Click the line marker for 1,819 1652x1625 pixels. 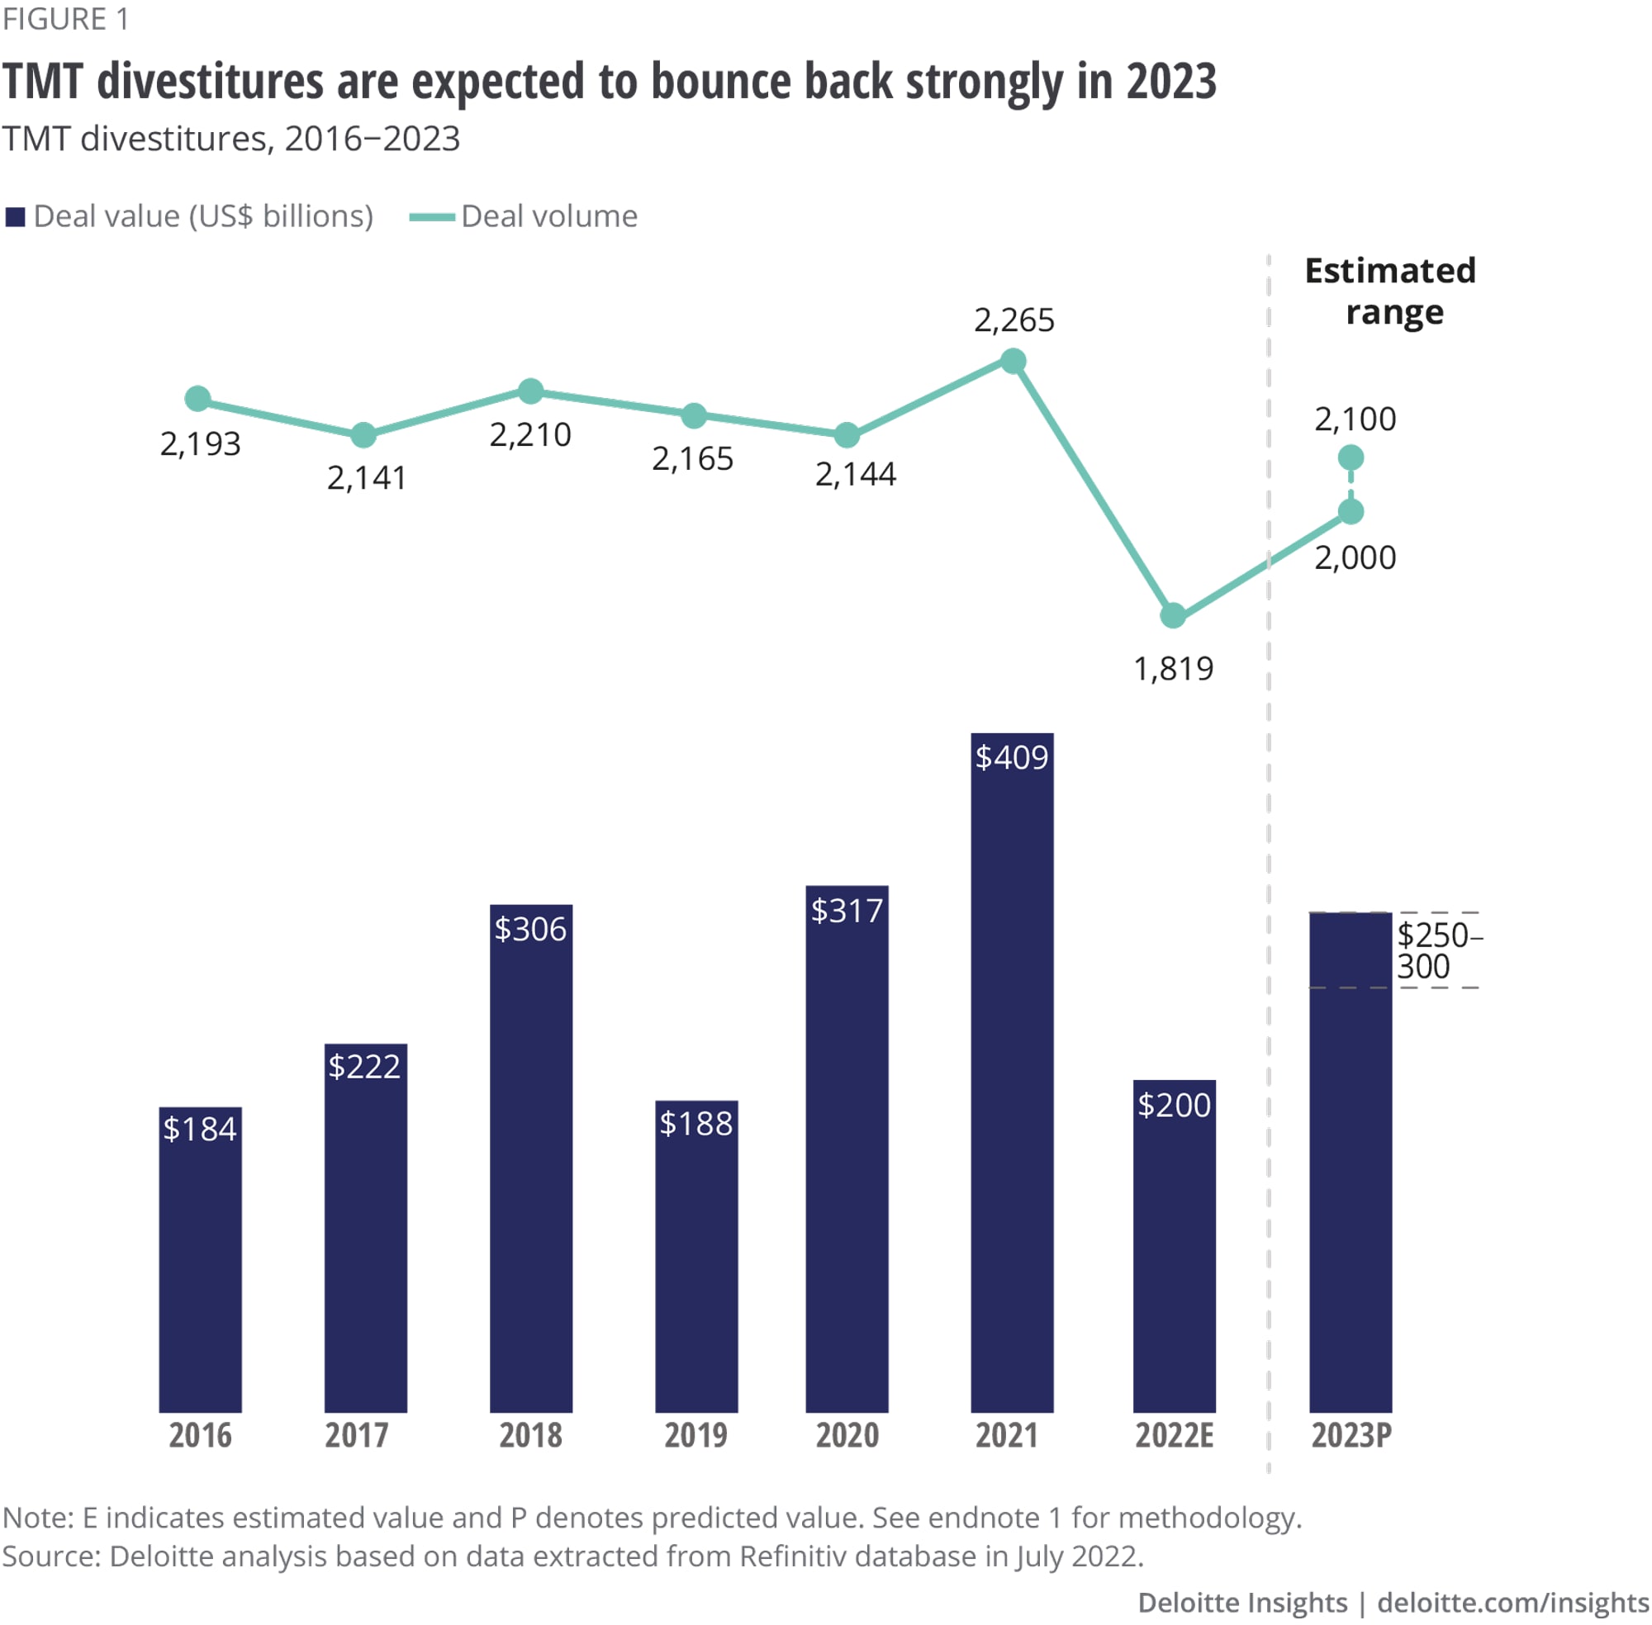[1173, 615]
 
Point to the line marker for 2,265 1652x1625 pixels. [1013, 361]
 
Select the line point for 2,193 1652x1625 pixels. [198, 399]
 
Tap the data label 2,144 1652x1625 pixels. [856, 475]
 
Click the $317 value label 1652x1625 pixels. [846, 911]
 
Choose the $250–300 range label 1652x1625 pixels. [1439, 950]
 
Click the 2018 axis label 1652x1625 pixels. [530, 1436]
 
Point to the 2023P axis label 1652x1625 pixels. [1351, 1436]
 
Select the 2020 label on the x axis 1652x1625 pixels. [847, 1436]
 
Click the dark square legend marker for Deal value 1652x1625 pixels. [16, 217]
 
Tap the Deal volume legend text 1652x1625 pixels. [549, 217]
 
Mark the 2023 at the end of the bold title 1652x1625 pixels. [1170, 82]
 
